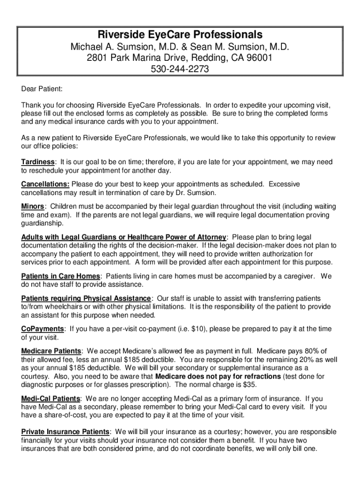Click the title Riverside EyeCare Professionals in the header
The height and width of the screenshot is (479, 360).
tap(180, 35)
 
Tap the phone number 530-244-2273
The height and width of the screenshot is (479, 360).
tap(180, 69)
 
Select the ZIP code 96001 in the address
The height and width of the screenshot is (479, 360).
tap(261, 58)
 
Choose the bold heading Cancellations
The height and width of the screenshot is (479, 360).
tap(45, 184)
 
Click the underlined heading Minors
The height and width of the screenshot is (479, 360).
tap(33, 207)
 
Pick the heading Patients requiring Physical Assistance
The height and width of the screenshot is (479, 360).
tap(86, 298)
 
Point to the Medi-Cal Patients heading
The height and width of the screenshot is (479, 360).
tap(50, 399)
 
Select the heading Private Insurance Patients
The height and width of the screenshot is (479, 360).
tap(65, 431)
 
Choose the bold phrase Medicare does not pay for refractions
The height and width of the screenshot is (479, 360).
tap(218, 376)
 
